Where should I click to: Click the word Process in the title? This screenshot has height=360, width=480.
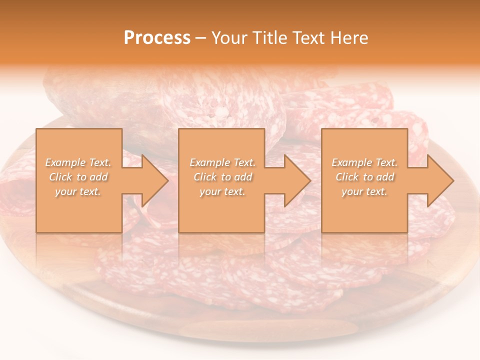pos(157,38)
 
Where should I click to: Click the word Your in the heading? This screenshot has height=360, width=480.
pos(229,38)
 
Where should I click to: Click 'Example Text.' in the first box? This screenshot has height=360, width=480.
pos(78,162)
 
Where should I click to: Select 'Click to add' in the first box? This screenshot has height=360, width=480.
pos(78,177)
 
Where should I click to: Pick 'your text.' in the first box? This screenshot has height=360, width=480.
pos(78,191)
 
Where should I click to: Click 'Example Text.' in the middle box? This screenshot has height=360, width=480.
pos(222,162)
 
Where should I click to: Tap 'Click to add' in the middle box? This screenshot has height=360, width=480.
pos(222,177)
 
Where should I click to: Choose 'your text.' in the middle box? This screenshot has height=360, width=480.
pos(222,191)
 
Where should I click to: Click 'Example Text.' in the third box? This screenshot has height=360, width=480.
pos(364,162)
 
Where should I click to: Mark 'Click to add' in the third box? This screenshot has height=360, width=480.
pos(364,177)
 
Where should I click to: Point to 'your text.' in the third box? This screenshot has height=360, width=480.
pos(364,191)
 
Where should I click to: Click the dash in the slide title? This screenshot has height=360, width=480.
pos(201,38)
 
